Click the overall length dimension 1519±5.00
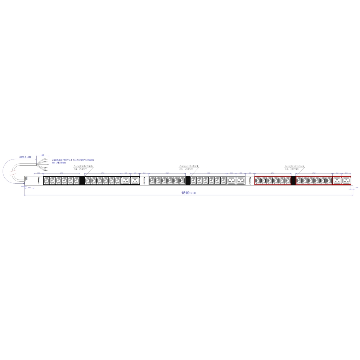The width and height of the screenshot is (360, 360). pos(190,193)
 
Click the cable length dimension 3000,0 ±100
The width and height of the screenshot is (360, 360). pos(26,157)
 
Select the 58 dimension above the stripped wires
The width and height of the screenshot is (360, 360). pos(43,155)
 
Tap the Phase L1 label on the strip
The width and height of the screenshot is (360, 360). pos(38,180)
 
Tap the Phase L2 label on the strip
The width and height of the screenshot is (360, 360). pos(144,180)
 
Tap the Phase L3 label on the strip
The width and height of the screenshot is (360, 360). pos(250,180)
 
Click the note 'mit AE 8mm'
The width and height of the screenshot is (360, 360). pos(59,163)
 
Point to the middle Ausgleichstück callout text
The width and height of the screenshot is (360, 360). pos(189,166)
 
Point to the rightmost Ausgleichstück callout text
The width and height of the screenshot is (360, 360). pos(294,166)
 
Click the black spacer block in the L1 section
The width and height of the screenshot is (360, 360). pos(82,180)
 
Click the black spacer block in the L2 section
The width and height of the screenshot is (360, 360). pos(188,180)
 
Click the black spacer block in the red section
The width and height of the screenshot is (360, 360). pos(293,180)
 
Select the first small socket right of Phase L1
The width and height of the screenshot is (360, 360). pos(46,180)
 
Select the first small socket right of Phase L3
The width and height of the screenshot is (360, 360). pos(258,180)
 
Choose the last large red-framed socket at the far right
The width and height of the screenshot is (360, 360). pos(347,180)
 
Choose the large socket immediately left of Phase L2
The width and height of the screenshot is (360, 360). pos(135,180)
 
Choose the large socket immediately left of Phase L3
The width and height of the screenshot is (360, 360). pos(240,180)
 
